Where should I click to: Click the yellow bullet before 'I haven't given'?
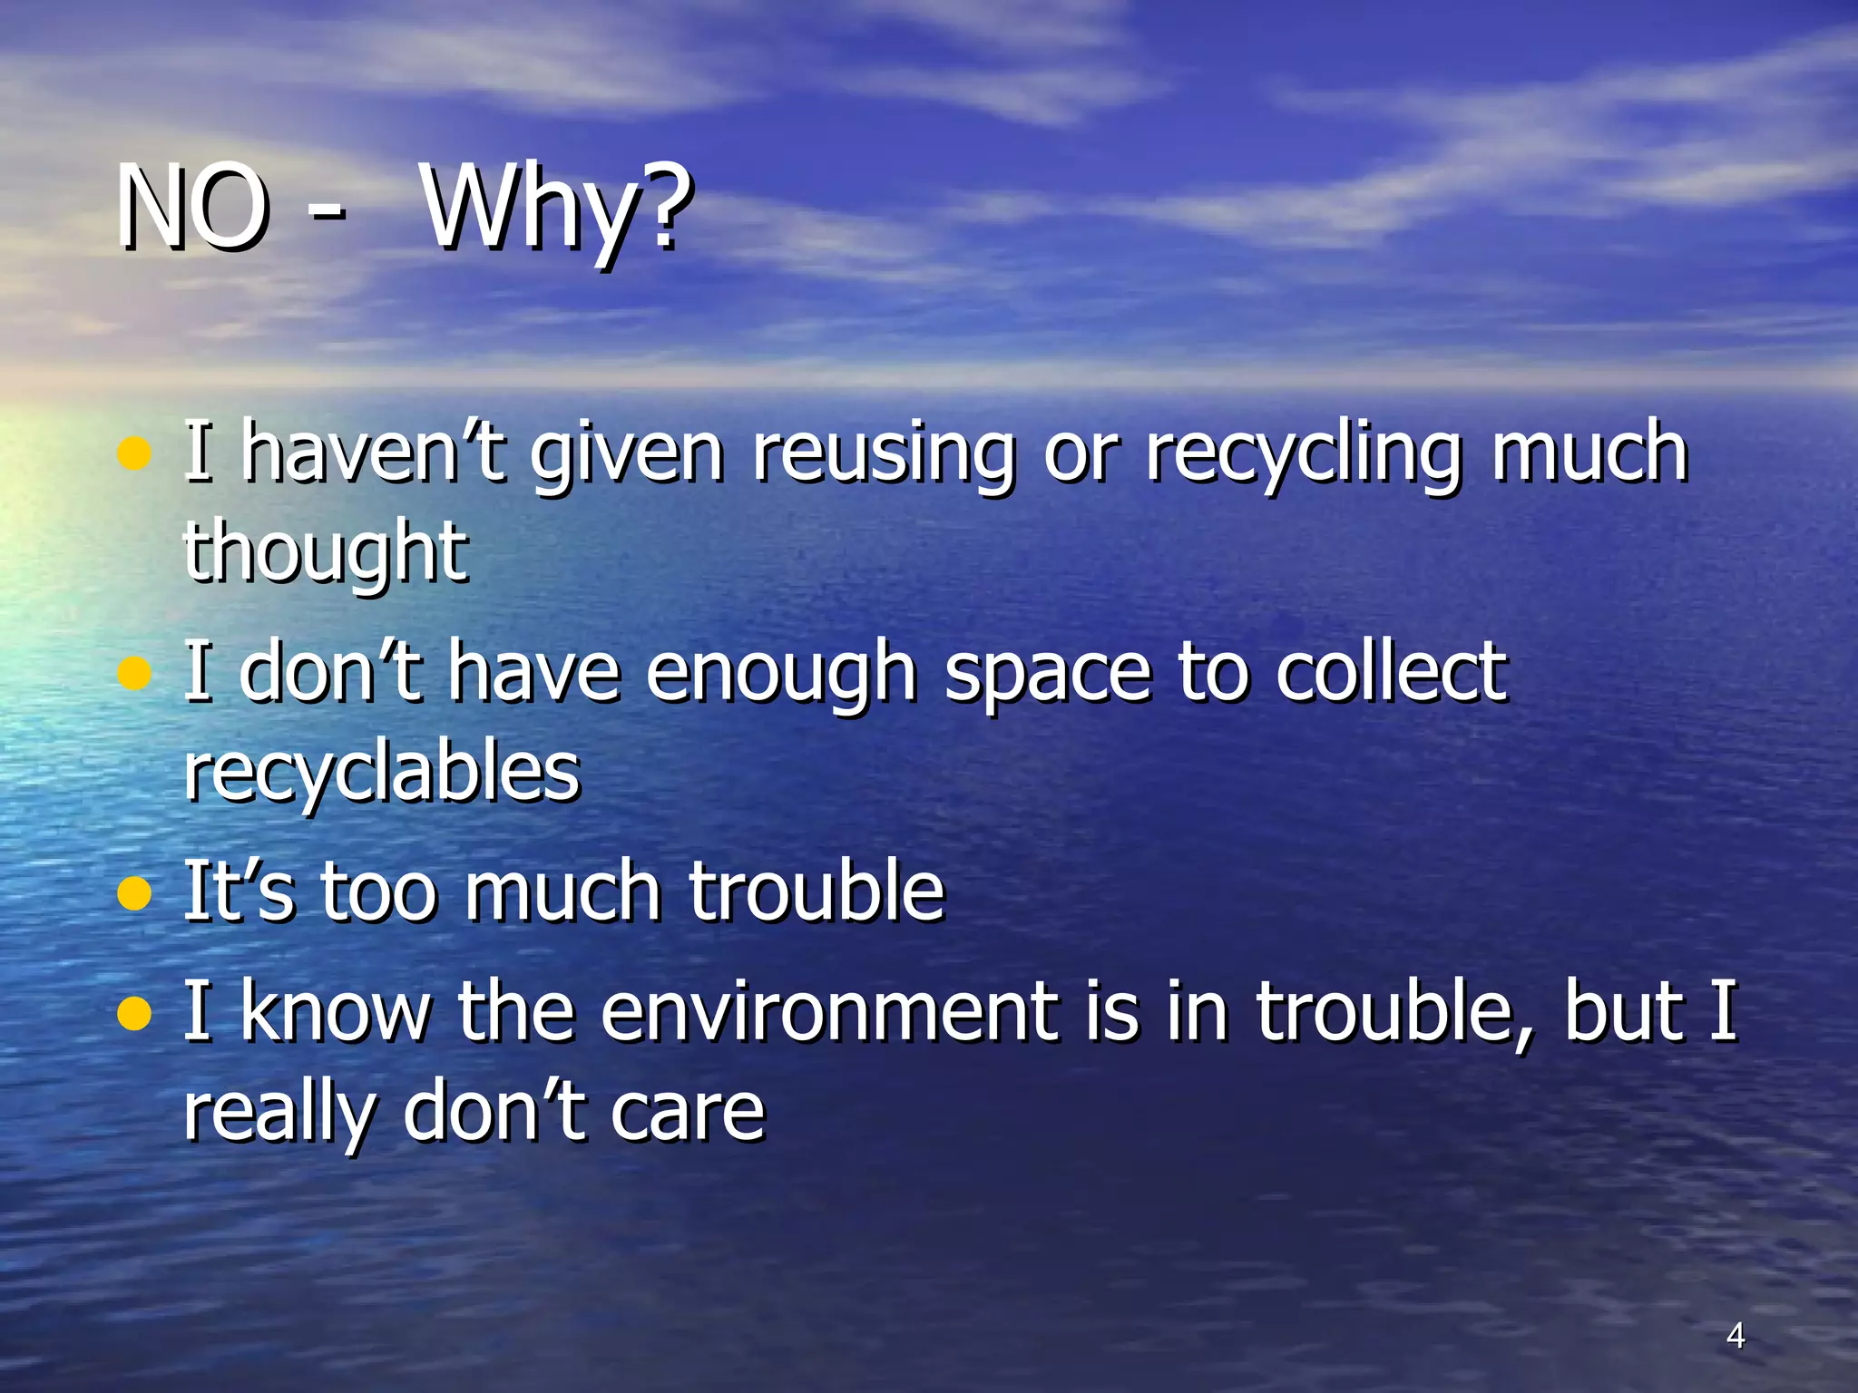[134, 453]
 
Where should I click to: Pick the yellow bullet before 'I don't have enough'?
[134, 673]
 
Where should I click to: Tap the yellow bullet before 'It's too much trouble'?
[134, 893]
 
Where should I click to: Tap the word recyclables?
[381, 773]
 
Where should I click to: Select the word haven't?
[373, 453]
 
